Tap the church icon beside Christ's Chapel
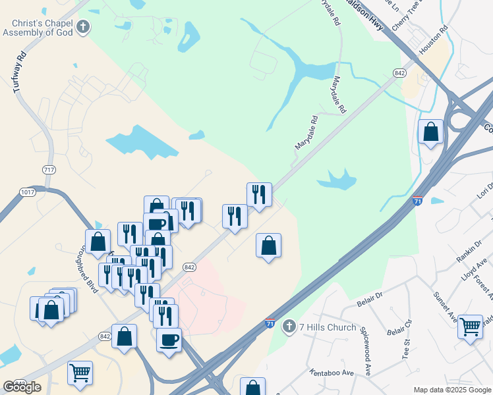click(x=83, y=27)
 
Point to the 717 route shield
click(x=49, y=170)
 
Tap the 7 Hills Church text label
click(x=328, y=327)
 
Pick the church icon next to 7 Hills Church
click(x=289, y=327)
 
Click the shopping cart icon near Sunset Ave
click(x=470, y=327)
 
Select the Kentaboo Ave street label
click(x=333, y=373)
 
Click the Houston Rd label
click(x=434, y=39)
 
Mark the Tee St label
click(x=407, y=350)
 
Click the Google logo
click(x=22, y=387)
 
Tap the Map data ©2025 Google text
click(x=452, y=390)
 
